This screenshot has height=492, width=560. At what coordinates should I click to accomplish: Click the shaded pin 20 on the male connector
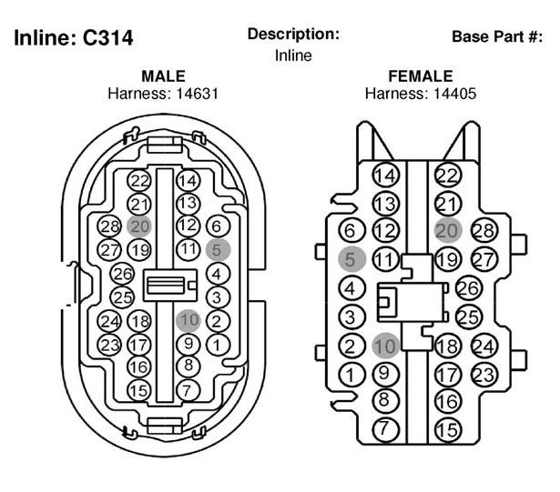pos(139,226)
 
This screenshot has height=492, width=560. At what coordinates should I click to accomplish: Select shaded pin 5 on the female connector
pos(351,259)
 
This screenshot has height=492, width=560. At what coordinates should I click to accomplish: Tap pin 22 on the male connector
pos(139,181)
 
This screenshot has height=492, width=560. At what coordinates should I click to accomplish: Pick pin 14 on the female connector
pos(386,176)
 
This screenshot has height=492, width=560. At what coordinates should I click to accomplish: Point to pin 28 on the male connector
pos(109,226)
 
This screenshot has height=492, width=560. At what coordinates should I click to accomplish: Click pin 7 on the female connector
pos(385,429)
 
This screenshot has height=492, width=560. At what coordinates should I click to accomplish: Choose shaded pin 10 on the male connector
pos(188,320)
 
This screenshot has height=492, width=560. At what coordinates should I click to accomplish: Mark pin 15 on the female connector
pos(448,430)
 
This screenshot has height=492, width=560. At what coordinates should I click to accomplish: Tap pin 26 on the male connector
pos(122,274)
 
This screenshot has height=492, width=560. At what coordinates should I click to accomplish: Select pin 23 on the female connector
pos(484,375)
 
